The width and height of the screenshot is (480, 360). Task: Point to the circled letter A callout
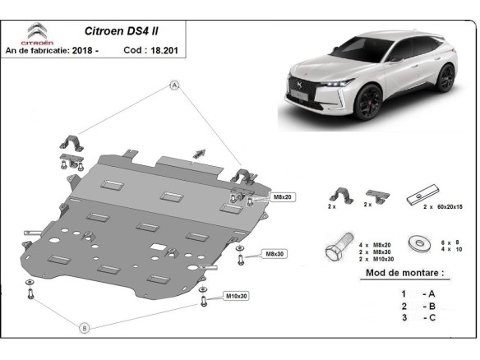point(174,85)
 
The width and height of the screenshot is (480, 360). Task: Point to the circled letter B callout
point(85,328)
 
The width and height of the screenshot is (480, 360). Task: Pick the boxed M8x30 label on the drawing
point(275,253)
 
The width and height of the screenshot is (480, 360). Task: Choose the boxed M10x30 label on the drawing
point(237,296)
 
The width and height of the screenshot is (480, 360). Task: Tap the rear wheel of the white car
point(446,80)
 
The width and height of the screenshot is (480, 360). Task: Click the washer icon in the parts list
point(417,244)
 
